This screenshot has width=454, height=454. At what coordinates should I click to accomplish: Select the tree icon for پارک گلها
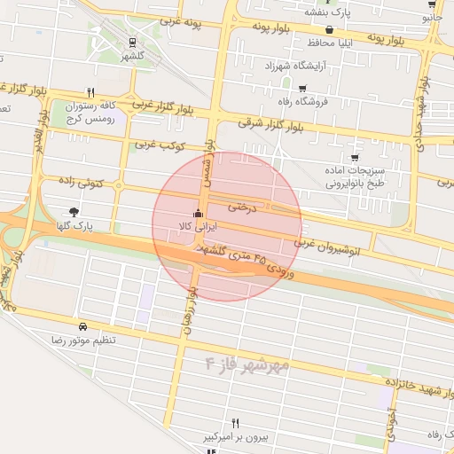tap(73, 212)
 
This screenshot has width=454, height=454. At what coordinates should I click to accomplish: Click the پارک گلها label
tap(73, 226)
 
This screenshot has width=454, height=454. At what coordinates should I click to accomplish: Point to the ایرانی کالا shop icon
tap(197, 214)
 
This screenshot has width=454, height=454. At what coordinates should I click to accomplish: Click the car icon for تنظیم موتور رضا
tap(82, 326)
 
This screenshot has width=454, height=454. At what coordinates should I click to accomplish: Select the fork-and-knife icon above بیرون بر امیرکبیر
tap(235, 423)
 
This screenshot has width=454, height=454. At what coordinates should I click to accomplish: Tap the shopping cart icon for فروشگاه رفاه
tap(302, 89)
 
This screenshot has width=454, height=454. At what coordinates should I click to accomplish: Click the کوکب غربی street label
tap(158, 144)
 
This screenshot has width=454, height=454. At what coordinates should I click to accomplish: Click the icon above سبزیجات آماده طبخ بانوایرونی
tap(355, 157)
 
